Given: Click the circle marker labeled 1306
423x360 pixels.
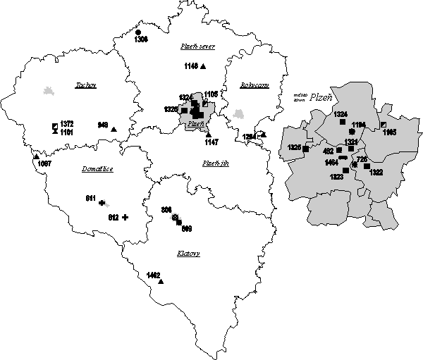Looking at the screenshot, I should [x=139, y=32].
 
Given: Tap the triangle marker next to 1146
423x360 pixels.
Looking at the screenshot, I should [x=203, y=66].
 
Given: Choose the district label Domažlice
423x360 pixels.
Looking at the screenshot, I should [x=97, y=169].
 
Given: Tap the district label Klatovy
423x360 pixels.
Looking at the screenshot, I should [x=188, y=251].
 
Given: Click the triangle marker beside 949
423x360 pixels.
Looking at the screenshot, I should [x=113, y=128].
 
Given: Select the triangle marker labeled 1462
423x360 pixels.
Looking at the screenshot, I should [x=161, y=282].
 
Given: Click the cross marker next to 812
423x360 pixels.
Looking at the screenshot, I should [x=125, y=217].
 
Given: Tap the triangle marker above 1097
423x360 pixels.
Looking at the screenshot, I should [x=36, y=156].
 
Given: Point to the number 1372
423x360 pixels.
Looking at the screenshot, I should [x=68, y=123].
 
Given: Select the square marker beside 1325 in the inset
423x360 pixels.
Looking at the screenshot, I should [x=306, y=148].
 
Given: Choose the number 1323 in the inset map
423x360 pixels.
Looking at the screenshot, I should [x=337, y=178].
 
